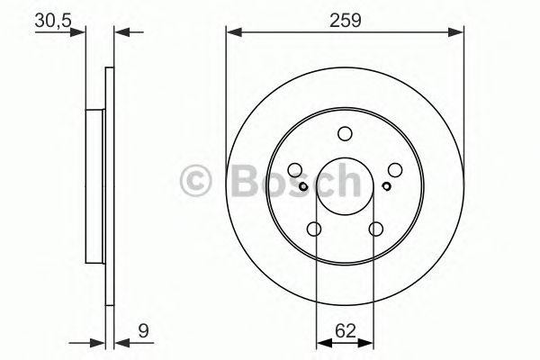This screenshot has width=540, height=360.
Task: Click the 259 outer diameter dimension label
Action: (x=344, y=19)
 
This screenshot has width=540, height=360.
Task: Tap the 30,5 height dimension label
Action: (x=52, y=19)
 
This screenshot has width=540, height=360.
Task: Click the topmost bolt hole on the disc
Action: (x=345, y=134)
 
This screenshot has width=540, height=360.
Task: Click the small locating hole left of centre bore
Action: (x=304, y=186)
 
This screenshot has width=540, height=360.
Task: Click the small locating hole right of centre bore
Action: (x=385, y=186)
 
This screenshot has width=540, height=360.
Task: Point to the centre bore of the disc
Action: (x=345, y=186)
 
